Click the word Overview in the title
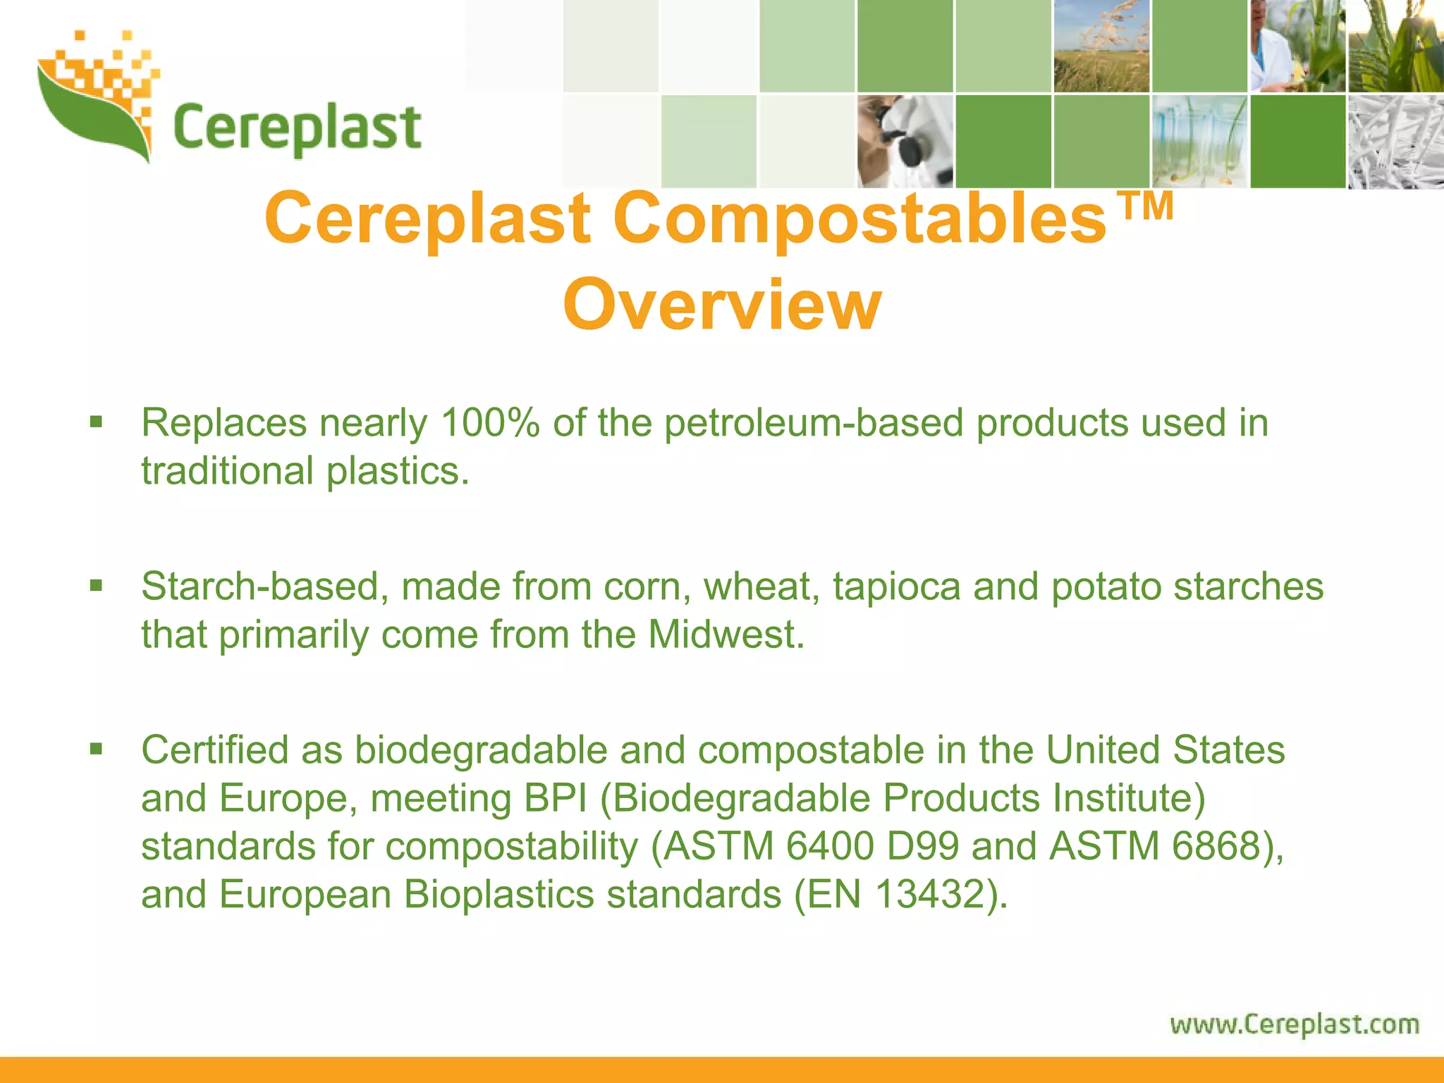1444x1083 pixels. tap(721, 305)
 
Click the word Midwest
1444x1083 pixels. tap(726, 635)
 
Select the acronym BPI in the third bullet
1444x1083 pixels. tap(556, 798)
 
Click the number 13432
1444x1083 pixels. tap(929, 894)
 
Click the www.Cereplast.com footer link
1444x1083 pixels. tap(1295, 1024)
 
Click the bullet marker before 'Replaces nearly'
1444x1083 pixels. tap(97, 422)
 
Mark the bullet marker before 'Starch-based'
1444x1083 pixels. tap(97, 586)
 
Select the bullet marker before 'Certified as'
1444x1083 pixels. tap(97, 749)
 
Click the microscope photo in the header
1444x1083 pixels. tap(905, 142)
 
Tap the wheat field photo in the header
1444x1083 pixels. tap(1101, 46)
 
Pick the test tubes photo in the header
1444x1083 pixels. tap(1199, 142)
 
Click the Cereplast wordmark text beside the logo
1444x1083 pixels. tap(297, 129)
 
